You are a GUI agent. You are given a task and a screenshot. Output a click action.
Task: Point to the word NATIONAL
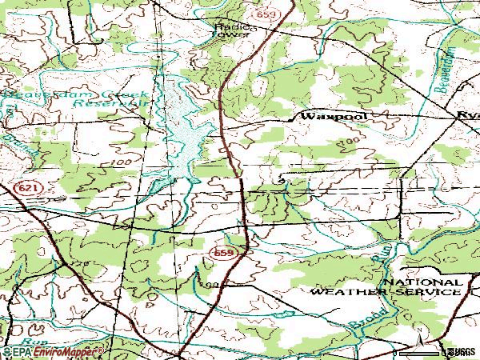tap(421, 282)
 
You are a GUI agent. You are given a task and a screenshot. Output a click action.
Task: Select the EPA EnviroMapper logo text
tap(52, 351)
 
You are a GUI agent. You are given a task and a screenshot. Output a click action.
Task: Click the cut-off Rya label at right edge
tap(469, 117)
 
